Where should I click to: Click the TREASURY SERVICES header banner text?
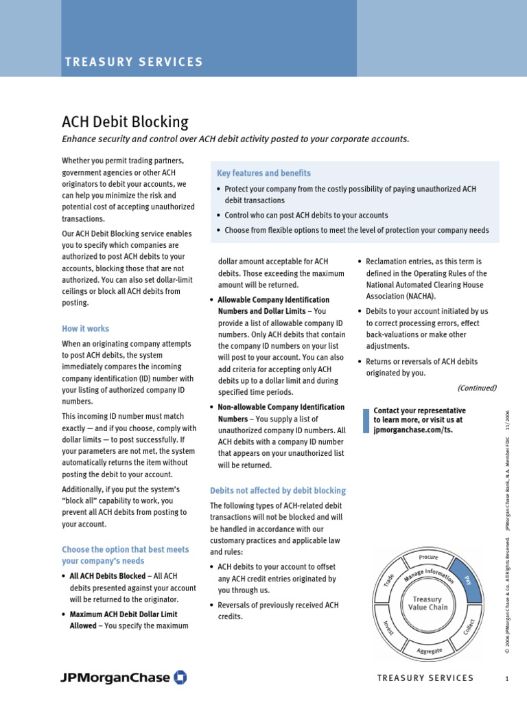134,62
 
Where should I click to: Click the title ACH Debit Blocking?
125,122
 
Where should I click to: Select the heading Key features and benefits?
263,173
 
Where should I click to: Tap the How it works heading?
85,329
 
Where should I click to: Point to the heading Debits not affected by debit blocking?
277,491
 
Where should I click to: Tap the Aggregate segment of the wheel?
429,649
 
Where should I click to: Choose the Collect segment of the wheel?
469,626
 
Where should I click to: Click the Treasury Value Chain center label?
428,603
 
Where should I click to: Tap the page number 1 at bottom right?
506,678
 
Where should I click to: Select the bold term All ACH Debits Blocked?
107,576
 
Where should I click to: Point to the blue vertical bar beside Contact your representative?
366,420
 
